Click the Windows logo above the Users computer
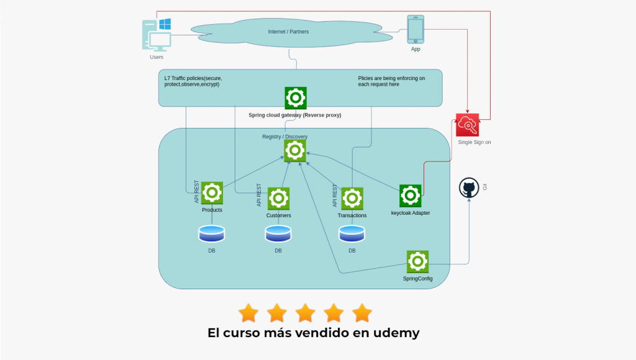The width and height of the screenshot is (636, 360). click(165, 24)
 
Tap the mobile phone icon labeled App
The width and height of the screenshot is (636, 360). click(415, 29)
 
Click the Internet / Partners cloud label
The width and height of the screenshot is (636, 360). click(288, 32)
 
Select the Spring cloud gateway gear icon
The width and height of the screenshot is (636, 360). click(295, 98)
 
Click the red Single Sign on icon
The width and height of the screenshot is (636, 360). click(467, 125)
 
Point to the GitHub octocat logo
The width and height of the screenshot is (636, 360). click(469, 188)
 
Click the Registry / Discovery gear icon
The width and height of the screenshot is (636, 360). click(295, 150)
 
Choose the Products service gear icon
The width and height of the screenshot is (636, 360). click(212, 193)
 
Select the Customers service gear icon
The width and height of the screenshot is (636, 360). click(278, 199)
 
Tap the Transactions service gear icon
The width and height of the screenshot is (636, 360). click(352, 199)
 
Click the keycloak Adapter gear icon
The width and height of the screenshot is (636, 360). click(411, 196)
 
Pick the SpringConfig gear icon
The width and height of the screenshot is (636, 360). click(417, 261)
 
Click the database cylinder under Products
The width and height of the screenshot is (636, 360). click(211, 233)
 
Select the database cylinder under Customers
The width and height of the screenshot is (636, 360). click(278, 233)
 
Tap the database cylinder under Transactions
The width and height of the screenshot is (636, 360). click(352, 233)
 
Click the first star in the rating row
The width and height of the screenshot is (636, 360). click(248, 312)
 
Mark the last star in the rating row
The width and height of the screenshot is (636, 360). click(361, 312)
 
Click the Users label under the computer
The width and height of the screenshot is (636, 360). click(157, 57)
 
